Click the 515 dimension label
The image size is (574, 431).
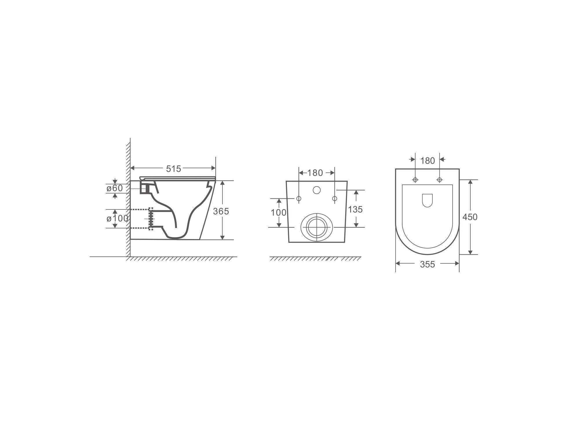(x=173, y=169)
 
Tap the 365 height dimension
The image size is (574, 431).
(x=221, y=211)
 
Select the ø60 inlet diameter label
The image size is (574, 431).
(x=115, y=188)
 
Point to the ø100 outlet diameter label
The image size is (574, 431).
(x=117, y=218)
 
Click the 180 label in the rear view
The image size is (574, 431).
(x=315, y=173)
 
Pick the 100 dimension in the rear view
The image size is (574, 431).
(x=278, y=213)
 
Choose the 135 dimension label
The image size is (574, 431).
(x=355, y=209)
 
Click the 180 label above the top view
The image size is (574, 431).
(x=427, y=160)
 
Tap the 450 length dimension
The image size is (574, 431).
(x=470, y=217)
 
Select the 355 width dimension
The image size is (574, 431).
(x=427, y=264)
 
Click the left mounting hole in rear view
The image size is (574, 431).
(x=299, y=199)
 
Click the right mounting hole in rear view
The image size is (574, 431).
(x=334, y=199)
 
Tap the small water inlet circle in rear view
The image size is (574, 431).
(x=317, y=190)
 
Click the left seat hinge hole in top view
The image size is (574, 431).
(x=415, y=180)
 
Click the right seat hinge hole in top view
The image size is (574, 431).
(x=440, y=180)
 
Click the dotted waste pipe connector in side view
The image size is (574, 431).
(x=151, y=219)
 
